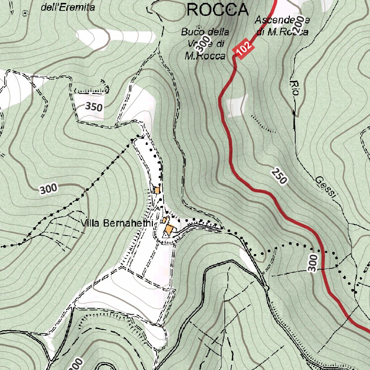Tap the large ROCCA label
coord(218,10)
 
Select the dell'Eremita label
coord(68,7)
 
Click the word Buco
coord(191,32)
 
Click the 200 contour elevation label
coord(298,25)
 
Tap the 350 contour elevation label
coord(94,107)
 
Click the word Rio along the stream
coord(294,88)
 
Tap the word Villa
coord(91,223)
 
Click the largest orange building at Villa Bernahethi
coord(170,229)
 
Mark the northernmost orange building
coord(156,190)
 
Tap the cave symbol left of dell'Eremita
coord(25,13)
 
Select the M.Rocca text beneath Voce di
coord(205,56)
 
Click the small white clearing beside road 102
coord(237,105)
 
